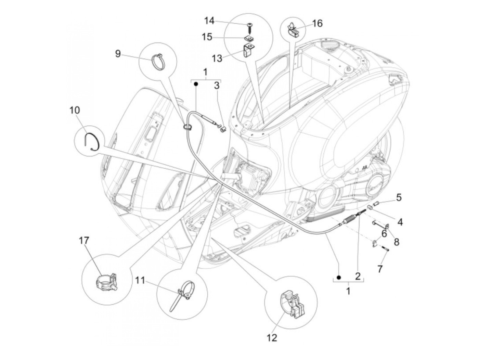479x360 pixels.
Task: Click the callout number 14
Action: (x=209, y=21)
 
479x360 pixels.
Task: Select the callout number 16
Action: (x=317, y=23)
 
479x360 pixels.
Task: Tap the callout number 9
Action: (x=118, y=54)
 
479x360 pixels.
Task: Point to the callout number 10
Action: (x=74, y=110)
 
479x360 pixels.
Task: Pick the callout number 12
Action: (x=272, y=338)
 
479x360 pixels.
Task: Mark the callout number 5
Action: (x=399, y=197)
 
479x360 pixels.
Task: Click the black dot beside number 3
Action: (x=196, y=84)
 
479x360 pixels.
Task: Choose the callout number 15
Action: (x=207, y=37)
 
